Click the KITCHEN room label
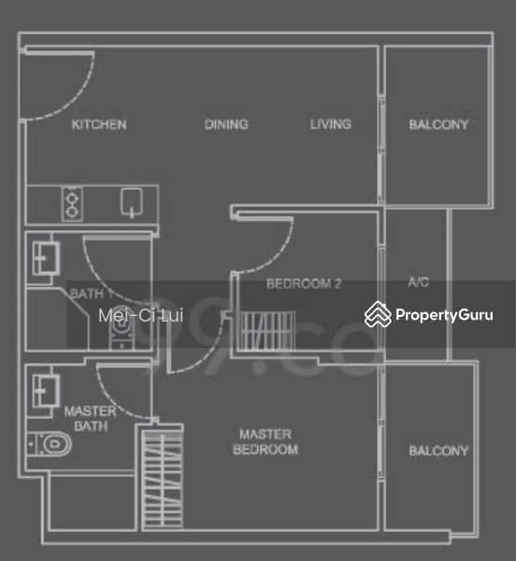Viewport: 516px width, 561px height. (x=98, y=124)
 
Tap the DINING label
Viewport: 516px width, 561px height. (x=225, y=124)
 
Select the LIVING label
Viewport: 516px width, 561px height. (x=331, y=123)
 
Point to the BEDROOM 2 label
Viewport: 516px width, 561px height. (x=304, y=283)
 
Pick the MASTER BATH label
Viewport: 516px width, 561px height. (x=90, y=418)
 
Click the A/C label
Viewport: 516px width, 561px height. (x=419, y=283)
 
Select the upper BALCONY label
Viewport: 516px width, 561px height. (x=438, y=124)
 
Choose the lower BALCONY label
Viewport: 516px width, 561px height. (x=438, y=451)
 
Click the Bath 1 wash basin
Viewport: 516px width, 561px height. (x=43, y=255)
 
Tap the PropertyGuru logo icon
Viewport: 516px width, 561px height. (x=378, y=314)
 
